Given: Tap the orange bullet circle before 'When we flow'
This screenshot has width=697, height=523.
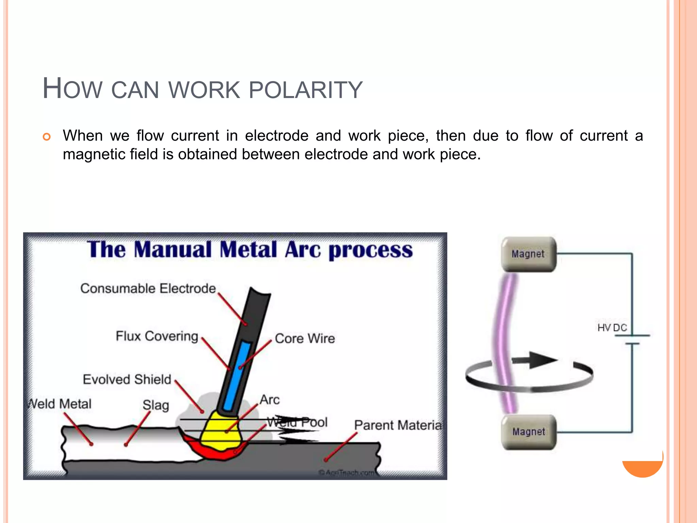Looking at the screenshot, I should pyautogui.click(x=47, y=137).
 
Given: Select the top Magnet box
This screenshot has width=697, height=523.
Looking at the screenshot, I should pyautogui.click(x=529, y=254).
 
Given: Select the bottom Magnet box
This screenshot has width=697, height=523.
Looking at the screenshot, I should pyautogui.click(x=529, y=432).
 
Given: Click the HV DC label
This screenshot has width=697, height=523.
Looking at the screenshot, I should pyautogui.click(x=612, y=328).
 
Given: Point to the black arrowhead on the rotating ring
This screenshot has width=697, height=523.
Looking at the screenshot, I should pyautogui.click(x=543, y=360).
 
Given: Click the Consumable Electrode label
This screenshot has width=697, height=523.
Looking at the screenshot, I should pyautogui.click(x=148, y=288).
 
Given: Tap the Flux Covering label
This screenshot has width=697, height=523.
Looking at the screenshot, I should pyautogui.click(x=157, y=336).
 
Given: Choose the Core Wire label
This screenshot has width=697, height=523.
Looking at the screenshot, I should pyautogui.click(x=305, y=338).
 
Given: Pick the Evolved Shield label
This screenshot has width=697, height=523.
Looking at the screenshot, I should pyautogui.click(x=127, y=379).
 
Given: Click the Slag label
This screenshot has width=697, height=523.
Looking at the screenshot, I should pyautogui.click(x=156, y=405).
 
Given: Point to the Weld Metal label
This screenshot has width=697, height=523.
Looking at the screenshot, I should pyautogui.click(x=60, y=404).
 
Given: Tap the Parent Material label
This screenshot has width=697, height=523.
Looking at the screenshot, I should pyautogui.click(x=398, y=425).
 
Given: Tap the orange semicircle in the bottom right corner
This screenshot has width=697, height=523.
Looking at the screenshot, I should pyautogui.click(x=643, y=468).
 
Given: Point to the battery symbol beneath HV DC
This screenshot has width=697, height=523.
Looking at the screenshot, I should pyautogui.click(x=632, y=339).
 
